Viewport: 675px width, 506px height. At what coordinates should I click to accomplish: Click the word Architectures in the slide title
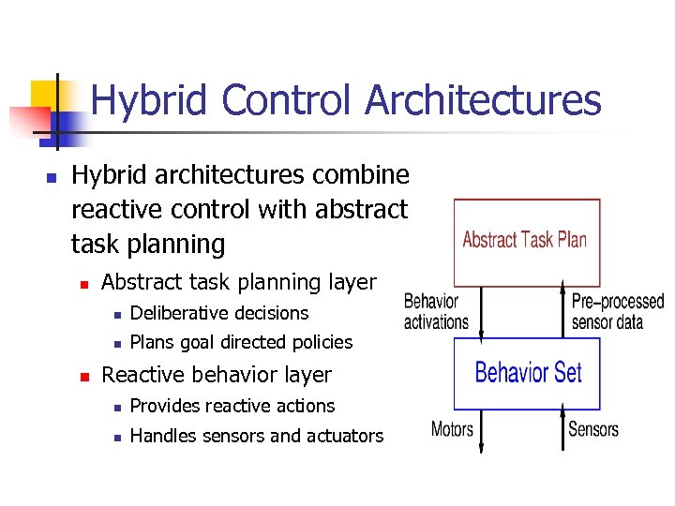pyautogui.click(x=483, y=100)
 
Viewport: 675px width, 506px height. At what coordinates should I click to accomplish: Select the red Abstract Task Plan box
pyautogui.click(x=526, y=242)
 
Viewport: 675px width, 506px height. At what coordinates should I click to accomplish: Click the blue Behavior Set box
pyautogui.click(x=528, y=373)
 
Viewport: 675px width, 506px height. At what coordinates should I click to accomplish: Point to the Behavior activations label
pyautogui.click(x=436, y=312)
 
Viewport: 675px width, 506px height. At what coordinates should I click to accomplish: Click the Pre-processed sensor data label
pyautogui.click(x=617, y=312)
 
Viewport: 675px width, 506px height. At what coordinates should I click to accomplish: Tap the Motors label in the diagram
pyautogui.click(x=452, y=429)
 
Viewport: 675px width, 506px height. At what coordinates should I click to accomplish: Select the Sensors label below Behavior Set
pyautogui.click(x=593, y=429)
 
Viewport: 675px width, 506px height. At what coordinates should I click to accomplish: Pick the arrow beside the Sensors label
pyautogui.click(x=562, y=430)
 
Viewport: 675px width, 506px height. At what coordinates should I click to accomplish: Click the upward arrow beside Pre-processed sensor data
pyautogui.click(x=562, y=312)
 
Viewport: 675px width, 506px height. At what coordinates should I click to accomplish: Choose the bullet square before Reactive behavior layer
pyautogui.click(x=82, y=376)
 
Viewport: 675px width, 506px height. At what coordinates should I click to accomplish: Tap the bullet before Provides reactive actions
pyautogui.click(x=112, y=407)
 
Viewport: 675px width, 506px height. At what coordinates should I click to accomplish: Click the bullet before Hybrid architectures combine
pyautogui.click(x=52, y=176)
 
